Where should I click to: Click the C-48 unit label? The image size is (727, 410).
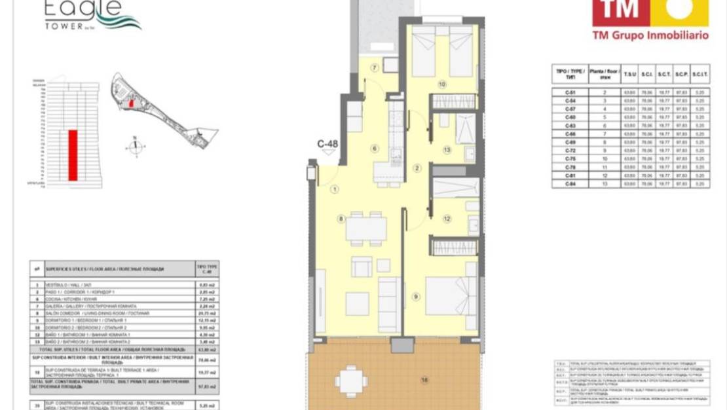(327, 143)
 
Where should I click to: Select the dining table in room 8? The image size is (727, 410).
(366, 227)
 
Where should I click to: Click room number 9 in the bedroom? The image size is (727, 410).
(416, 297)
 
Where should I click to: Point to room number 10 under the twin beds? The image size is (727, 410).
(442, 84)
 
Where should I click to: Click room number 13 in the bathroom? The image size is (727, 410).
(447, 150)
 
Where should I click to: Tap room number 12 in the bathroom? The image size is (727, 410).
(447, 219)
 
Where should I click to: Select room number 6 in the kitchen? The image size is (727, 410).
(375, 149)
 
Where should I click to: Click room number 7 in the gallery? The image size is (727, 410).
(375, 67)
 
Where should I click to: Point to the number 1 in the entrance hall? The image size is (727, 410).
(334, 190)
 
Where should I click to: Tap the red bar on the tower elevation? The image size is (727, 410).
(73, 155)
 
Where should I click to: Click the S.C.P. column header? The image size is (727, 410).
(680, 74)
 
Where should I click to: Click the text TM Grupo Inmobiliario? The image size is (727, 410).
(650, 35)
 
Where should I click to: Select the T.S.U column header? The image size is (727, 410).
(630, 74)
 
